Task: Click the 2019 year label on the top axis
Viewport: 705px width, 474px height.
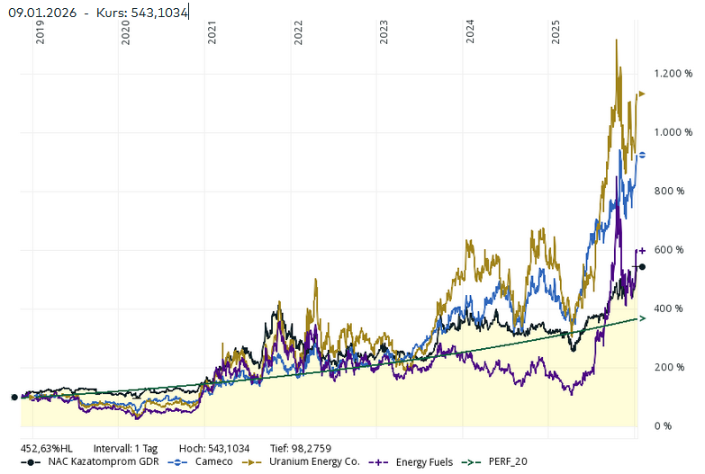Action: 40,33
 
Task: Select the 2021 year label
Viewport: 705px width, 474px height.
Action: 212,33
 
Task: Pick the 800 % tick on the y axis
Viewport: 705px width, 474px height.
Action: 673,191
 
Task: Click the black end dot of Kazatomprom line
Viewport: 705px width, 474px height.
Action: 641,267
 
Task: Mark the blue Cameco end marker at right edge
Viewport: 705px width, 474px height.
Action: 641,155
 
